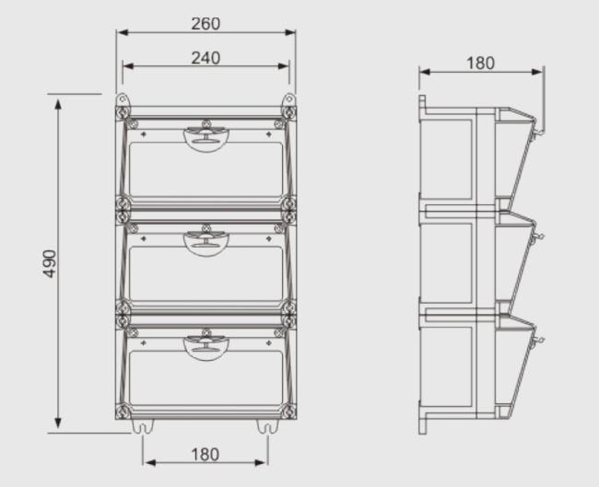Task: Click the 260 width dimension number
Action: point(206,24)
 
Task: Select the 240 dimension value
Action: point(206,58)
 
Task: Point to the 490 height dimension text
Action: point(50,262)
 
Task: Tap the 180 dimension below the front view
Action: point(205,454)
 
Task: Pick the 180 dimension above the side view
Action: point(480,64)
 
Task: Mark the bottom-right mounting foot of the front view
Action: point(267,426)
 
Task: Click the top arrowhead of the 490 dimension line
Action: point(59,101)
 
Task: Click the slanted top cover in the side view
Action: point(522,157)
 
